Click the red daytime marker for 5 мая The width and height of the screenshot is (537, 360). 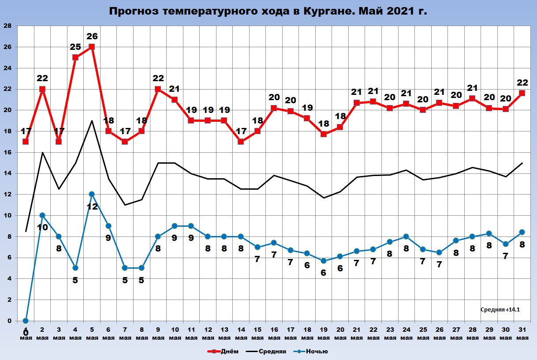click(x=92, y=47)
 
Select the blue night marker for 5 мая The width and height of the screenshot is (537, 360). click(x=92, y=194)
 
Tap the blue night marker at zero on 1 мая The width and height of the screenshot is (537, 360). click(x=26, y=321)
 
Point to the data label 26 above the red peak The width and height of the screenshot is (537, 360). click(x=92, y=36)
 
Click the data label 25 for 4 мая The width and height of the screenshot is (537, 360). click(x=75, y=46)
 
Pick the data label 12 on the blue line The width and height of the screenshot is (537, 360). click(x=92, y=206)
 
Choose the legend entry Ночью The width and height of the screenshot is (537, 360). click(x=315, y=352)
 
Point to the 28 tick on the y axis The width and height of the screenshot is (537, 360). click(x=7, y=26)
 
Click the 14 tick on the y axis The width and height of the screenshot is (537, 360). click(x=7, y=173)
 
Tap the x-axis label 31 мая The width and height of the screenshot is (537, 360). click(x=522, y=334)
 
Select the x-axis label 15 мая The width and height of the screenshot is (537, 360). click(x=257, y=334)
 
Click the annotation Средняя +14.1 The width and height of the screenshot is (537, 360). click(x=500, y=310)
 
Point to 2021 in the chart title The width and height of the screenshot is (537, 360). click(x=400, y=11)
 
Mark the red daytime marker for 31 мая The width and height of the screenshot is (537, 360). click(x=522, y=93)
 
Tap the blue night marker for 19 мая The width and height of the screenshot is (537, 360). click(x=324, y=261)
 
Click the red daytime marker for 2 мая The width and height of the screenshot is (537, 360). click(x=42, y=89)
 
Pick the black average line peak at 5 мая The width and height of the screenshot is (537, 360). click(x=92, y=120)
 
